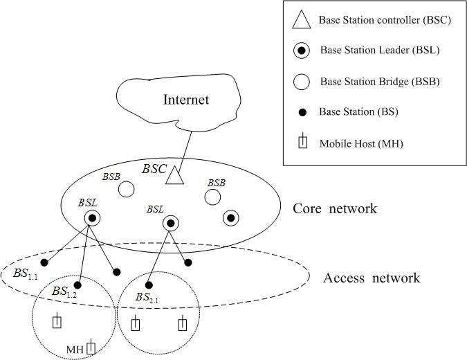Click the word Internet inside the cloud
click(186, 100)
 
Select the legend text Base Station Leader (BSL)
click(380, 51)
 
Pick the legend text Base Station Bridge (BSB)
click(380, 82)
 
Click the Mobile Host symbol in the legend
click(302, 143)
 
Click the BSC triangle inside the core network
click(176, 176)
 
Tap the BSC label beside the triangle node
click(154, 168)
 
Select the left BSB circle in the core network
click(126, 188)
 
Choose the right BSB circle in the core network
click(212, 198)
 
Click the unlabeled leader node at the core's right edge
click(231, 218)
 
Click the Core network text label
click(336, 208)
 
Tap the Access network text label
click(372, 278)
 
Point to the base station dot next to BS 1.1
click(44, 262)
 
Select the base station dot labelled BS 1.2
click(77, 285)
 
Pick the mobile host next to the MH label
click(91, 348)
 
